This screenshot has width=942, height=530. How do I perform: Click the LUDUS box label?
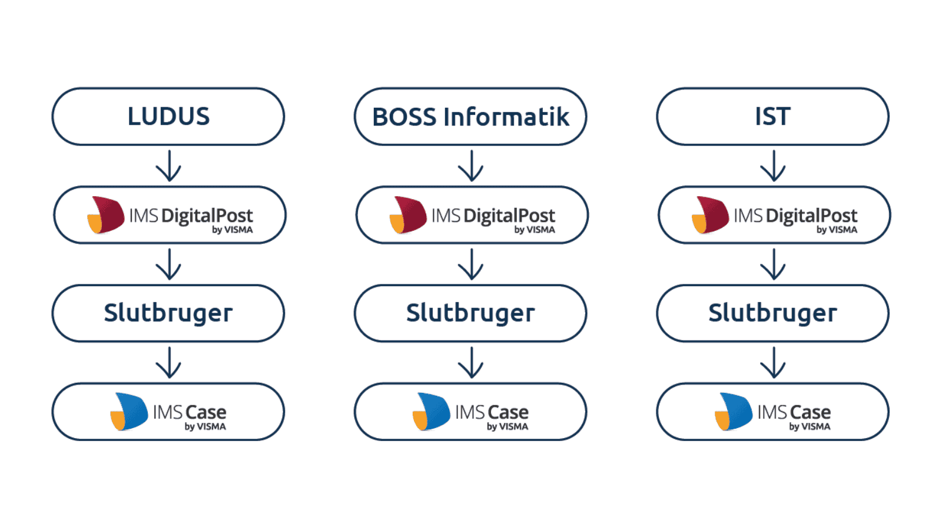[x=168, y=117]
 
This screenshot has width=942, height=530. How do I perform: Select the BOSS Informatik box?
[x=470, y=117]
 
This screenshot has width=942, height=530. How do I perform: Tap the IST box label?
[x=772, y=117]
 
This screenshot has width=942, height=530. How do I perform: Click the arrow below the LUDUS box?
[x=168, y=165]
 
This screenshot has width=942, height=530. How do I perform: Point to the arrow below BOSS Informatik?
[x=470, y=165]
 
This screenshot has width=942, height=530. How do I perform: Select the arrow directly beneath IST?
[x=772, y=165]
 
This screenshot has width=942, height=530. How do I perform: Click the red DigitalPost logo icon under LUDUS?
[x=107, y=215]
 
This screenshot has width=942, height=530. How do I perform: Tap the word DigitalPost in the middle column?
[x=509, y=216]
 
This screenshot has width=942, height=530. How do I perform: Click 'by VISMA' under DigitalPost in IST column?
[x=837, y=230]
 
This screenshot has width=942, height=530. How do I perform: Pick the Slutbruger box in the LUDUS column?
[x=168, y=313]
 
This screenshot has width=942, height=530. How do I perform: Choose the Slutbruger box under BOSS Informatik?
[x=470, y=313]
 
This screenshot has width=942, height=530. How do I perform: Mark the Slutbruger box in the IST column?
[x=772, y=313]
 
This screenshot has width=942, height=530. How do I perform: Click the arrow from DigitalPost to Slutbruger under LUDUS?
[x=168, y=264]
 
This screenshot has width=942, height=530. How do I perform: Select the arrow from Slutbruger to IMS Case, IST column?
[x=772, y=362]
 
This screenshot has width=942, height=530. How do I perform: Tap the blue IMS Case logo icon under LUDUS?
[x=130, y=412]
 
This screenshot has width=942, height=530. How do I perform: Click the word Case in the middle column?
[x=508, y=412]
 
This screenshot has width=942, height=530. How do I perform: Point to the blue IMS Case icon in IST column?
[x=734, y=412]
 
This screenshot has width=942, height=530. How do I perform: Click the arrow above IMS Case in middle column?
[x=470, y=362]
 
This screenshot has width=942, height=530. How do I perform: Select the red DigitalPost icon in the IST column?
[x=711, y=215]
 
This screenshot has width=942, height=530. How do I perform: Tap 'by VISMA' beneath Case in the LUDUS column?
[x=205, y=427]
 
